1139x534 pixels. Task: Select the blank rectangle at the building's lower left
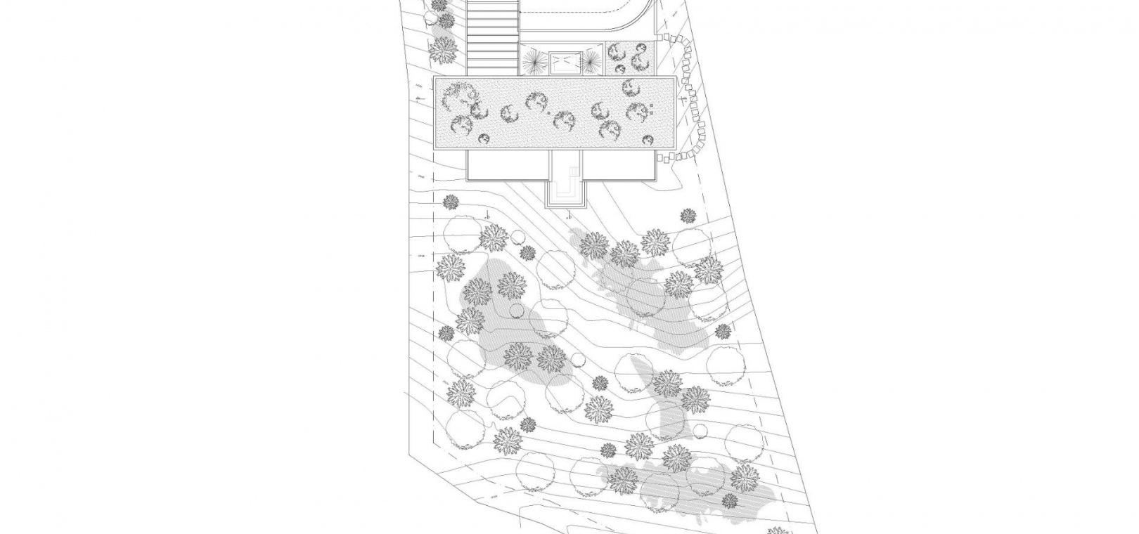click(507, 166)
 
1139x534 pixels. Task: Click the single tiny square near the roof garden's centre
click(546, 112)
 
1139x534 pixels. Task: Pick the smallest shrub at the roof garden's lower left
click(484, 139)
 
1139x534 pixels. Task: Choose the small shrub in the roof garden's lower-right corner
click(648, 138)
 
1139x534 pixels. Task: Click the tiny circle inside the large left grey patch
click(517, 311)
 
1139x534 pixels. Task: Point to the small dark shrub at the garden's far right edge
click(723, 331)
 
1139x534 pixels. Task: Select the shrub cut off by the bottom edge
click(775, 530)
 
